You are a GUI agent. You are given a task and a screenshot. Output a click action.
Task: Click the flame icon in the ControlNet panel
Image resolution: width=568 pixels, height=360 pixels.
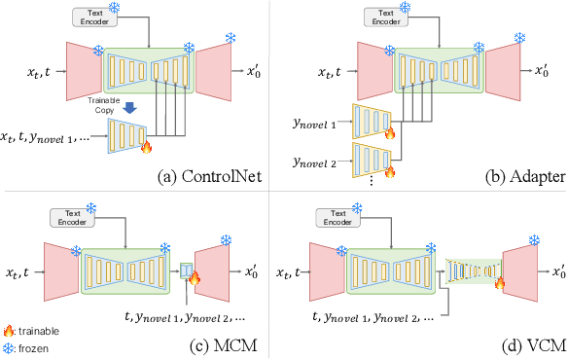point(146,147)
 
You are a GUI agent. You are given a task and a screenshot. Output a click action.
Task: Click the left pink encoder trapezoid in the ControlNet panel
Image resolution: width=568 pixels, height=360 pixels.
point(82,72)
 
